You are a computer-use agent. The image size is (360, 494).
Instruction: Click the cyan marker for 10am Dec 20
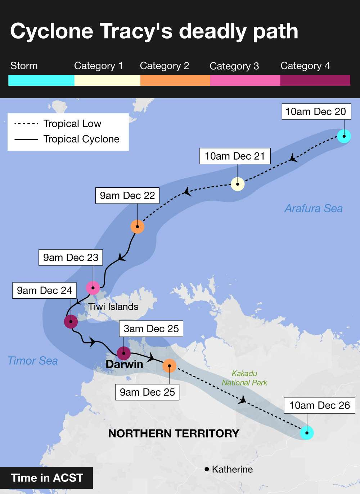344,136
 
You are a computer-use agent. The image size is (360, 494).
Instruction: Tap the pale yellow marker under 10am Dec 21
238,184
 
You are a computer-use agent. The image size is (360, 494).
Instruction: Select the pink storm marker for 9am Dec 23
93,288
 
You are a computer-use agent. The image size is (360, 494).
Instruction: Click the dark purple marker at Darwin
124,353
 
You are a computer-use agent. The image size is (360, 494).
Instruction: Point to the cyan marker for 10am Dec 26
307,433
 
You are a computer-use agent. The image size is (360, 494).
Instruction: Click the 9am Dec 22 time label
127,196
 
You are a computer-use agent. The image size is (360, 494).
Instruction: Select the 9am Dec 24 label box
45,290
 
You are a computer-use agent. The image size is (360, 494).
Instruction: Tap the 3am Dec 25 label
151,329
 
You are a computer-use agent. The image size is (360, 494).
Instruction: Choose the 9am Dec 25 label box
147,392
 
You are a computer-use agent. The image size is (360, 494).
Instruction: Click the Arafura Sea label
314,208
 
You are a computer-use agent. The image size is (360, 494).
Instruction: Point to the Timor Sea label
33,361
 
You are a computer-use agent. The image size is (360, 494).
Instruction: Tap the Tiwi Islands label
113,307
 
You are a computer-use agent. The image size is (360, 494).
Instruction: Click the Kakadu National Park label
244,378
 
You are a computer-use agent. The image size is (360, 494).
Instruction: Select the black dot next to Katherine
207,469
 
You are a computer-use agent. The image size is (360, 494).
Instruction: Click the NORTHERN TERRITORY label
174,433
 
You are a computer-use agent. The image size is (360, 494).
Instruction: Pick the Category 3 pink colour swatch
245,80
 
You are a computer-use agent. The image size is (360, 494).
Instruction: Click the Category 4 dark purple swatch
315,80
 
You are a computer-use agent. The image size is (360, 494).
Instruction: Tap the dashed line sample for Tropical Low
26,124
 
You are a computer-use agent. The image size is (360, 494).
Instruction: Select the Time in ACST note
47,478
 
